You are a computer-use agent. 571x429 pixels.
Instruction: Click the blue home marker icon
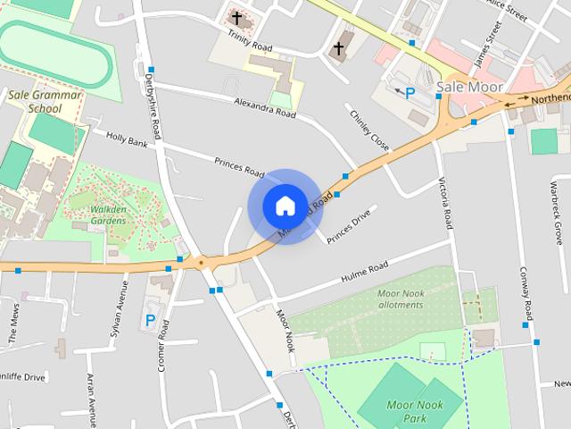point(285,206)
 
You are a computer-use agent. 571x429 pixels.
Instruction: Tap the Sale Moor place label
point(470,88)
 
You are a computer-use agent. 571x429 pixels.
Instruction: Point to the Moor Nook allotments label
point(400,299)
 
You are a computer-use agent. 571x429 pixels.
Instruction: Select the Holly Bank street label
point(127,138)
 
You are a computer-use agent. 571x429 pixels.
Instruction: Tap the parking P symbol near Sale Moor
point(410,92)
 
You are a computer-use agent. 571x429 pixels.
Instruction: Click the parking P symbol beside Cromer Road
point(150,320)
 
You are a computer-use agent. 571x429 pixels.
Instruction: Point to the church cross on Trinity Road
point(236,17)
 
